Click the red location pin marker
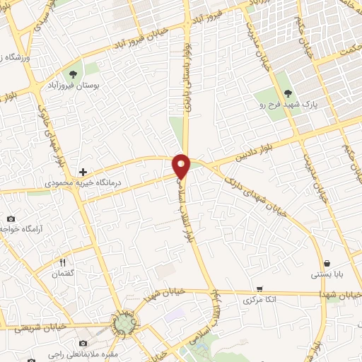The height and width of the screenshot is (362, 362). coord(182,165)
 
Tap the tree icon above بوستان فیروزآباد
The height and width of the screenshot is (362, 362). coord(74,73)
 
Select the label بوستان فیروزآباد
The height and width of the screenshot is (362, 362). coord(74,85)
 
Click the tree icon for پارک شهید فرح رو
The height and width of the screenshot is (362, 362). coord(287,93)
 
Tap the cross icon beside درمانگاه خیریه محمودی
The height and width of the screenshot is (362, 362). coord(83,172)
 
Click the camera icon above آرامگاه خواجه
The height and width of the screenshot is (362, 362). coord(11,218)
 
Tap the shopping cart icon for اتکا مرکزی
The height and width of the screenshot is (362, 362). coord(261,288)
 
